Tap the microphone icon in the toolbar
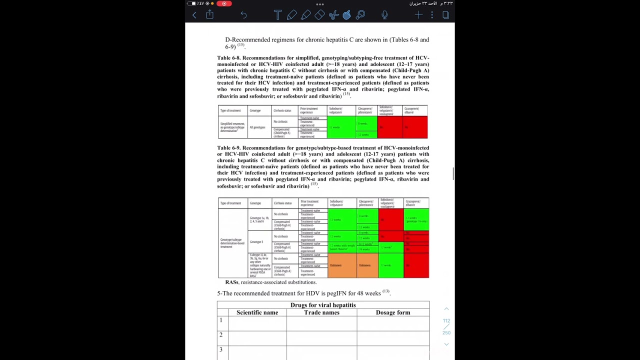pyautogui.click(x=384, y=15)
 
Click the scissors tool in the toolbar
pyautogui.click(x=333, y=15)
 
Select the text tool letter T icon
pyautogui.click(x=277, y=15)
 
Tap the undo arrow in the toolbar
pyautogui.click(x=243, y=15)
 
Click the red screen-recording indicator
pyautogui.click(x=224, y=3)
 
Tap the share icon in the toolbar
pyautogui.click(x=210, y=15)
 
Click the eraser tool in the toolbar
pyautogui.click(x=319, y=15)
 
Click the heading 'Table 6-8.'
pyautogui.click(x=228, y=58)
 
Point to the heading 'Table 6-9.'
pyautogui.click(x=228, y=148)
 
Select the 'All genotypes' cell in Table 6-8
pyautogui.click(x=257, y=127)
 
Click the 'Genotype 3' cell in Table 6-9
pyautogui.click(x=256, y=242)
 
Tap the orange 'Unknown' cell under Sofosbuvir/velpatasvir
pyautogui.click(x=335, y=265)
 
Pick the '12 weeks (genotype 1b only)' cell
pyautogui.click(x=416, y=219)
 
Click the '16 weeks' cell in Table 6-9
pyautogui.click(x=364, y=249)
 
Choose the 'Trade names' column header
pyautogui.click(x=321, y=312)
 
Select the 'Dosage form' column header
pyautogui.click(x=393, y=312)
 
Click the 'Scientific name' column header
pyautogui.click(x=257, y=312)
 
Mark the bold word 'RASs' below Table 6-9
pyautogui.click(x=231, y=282)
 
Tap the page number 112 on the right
pyautogui.click(x=446, y=320)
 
